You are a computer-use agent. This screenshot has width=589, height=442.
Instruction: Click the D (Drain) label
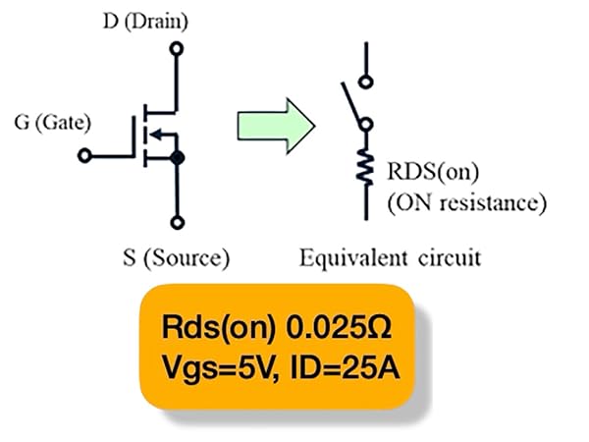(x=145, y=22)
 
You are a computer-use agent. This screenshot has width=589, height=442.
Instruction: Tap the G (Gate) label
(x=53, y=123)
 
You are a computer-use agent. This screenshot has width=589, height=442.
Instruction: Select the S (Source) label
(x=176, y=258)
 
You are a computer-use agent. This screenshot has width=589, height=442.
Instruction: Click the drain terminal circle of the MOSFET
(x=177, y=49)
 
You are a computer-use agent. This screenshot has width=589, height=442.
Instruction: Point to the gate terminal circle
(x=84, y=155)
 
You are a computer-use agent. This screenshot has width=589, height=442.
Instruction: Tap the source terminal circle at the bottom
(x=178, y=223)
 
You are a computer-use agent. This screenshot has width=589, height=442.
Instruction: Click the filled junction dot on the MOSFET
(x=177, y=158)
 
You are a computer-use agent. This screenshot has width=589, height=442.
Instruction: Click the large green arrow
(x=276, y=126)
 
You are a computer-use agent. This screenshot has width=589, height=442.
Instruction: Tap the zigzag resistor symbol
(x=365, y=167)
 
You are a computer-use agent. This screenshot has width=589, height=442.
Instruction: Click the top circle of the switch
(x=365, y=82)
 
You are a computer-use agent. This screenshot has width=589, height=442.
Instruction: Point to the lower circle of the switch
(x=365, y=124)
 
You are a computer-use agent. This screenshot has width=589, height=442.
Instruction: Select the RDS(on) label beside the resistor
(x=433, y=172)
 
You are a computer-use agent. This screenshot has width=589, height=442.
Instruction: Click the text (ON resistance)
(x=467, y=203)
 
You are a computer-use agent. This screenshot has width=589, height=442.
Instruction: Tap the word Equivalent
(x=353, y=258)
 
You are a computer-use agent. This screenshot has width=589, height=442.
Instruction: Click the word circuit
(x=450, y=257)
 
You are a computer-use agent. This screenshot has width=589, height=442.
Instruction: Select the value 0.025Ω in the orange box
(x=339, y=328)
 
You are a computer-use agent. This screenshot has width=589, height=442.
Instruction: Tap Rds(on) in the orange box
(x=219, y=328)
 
